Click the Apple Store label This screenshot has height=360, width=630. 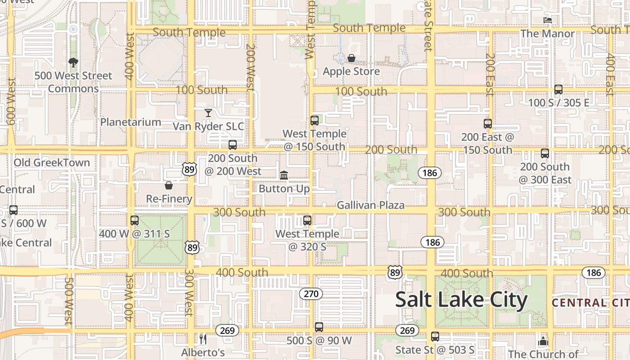tap(351, 72)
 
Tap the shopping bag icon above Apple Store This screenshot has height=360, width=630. tap(351, 58)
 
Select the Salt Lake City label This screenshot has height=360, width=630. tap(461, 300)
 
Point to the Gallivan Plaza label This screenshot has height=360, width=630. tap(370, 206)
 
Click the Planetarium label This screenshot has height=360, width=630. tap(130, 122)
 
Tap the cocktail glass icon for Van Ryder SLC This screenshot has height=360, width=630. tap(208, 112)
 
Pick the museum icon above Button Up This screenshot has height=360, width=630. tap(284, 175)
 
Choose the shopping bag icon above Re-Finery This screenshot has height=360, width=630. tap(169, 185)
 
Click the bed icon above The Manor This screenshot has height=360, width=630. tap(547, 20)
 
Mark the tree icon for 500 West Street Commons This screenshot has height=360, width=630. tap(73, 63)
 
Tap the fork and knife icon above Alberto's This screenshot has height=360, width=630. tap(203, 339)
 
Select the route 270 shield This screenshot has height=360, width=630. tap(311, 294)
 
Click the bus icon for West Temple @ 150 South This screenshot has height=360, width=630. tap(315, 120)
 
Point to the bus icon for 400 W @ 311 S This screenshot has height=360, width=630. tap(134, 220)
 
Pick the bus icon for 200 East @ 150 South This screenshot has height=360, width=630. tap(488, 123)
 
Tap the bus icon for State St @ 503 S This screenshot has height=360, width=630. tap(435, 336)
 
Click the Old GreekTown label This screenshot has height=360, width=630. tap(52, 162)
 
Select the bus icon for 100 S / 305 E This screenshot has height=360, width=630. tap(558, 89)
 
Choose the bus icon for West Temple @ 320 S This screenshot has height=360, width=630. tap(307, 220)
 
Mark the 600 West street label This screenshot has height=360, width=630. tap(12, 101)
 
